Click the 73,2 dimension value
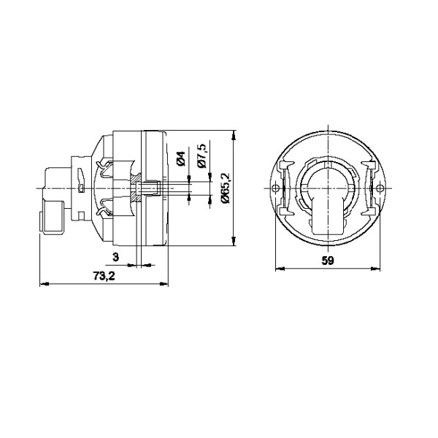(x=104, y=276)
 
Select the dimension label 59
(x=328, y=261)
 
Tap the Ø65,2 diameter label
(x=225, y=188)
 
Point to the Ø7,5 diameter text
(x=201, y=156)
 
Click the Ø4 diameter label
(x=181, y=158)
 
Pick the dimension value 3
(x=115, y=257)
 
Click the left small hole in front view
(x=276, y=188)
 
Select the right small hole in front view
(x=380, y=188)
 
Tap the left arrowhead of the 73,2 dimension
(x=45, y=284)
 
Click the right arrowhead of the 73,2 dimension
(x=164, y=284)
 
